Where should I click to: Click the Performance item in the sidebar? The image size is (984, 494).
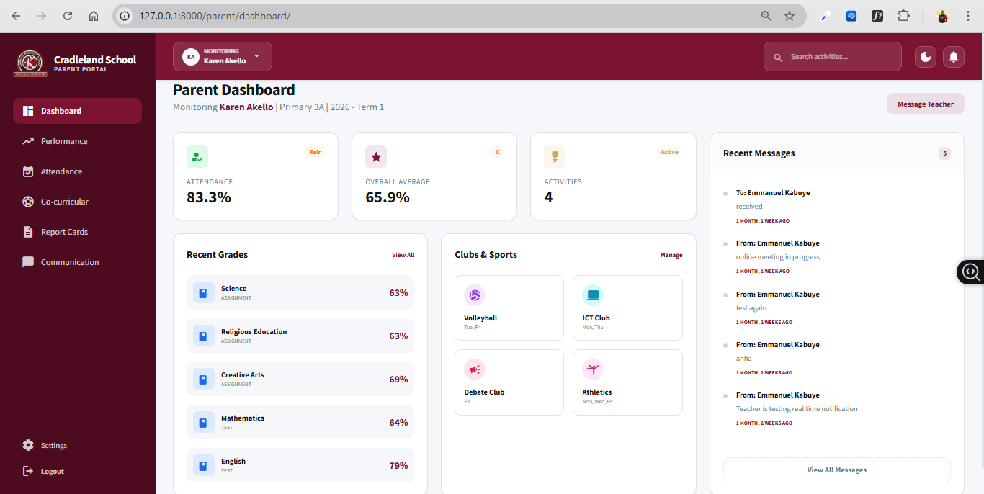pyautogui.click(x=64, y=141)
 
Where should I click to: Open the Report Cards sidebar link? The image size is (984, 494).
pyautogui.click(x=64, y=232)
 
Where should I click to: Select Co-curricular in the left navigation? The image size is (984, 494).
pyautogui.click(x=64, y=202)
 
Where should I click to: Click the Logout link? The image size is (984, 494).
pyautogui.click(x=52, y=471)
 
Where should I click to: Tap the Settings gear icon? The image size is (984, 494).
pyautogui.click(x=28, y=445)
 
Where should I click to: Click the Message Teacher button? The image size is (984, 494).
pyautogui.click(x=925, y=104)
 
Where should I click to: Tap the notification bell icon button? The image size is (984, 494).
pyautogui.click(x=954, y=56)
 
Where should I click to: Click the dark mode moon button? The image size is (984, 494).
pyautogui.click(x=926, y=56)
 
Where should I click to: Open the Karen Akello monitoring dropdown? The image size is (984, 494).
pyautogui.click(x=223, y=56)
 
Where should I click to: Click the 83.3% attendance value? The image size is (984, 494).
pyautogui.click(x=209, y=197)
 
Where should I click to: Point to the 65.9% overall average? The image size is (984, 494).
pyautogui.click(x=388, y=197)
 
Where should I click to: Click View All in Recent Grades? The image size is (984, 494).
pyautogui.click(x=403, y=255)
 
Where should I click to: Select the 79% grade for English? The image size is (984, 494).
pyautogui.click(x=398, y=465)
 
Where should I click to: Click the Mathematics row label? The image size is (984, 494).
pyautogui.click(x=242, y=418)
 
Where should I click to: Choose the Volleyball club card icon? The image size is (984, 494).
pyautogui.click(x=475, y=295)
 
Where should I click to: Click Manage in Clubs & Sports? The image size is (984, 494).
pyautogui.click(x=671, y=255)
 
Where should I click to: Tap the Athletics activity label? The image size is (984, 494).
pyautogui.click(x=596, y=392)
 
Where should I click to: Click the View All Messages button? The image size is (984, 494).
pyautogui.click(x=836, y=470)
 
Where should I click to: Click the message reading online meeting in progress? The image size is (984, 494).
pyautogui.click(x=777, y=256)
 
